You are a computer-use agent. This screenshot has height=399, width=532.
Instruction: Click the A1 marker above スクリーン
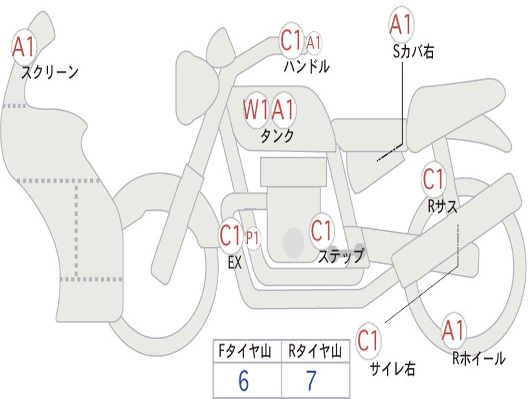tap(24, 47)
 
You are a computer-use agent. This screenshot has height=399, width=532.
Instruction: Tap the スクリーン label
tap(50, 72)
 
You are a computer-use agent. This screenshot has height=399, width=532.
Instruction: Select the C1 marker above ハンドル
tap(291, 40)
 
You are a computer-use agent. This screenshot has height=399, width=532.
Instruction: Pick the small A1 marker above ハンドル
tap(313, 43)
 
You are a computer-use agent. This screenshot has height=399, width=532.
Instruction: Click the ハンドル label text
tap(307, 66)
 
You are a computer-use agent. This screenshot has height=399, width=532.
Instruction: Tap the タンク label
tap(277, 136)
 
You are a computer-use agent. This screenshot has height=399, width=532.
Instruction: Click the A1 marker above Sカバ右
tap(401, 24)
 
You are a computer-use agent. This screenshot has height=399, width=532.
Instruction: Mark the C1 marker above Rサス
tap(434, 179)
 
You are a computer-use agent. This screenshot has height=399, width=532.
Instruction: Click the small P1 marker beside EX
tap(252, 238)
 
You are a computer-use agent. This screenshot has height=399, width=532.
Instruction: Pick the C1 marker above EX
tap(231, 235)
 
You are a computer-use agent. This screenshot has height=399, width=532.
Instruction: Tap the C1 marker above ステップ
tap(321, 231)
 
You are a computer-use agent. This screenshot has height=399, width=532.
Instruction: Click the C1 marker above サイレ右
tap(368, 340)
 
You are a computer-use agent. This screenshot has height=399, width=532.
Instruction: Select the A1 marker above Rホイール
tap(453, 330)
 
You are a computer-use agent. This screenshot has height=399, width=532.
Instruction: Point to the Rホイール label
tap(478, 358)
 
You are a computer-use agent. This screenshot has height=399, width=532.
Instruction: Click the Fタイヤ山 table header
tap(245, 351)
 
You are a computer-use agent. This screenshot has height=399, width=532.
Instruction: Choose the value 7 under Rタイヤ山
tap(312, 381)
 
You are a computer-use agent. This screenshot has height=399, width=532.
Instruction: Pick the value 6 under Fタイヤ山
tap(244, 381)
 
